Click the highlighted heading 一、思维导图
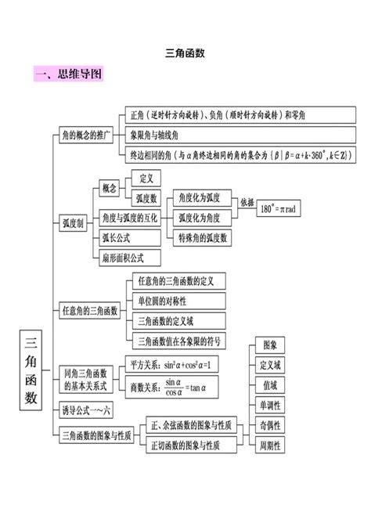pos(69,75)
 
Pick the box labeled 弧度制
pos(73,222)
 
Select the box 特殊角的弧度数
pos(203,236)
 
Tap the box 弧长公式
pos(116,236)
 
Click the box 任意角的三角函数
pos(90,311)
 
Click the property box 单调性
pos(270,405)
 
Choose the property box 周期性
pos(270,445)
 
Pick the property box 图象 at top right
pos(270,344)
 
